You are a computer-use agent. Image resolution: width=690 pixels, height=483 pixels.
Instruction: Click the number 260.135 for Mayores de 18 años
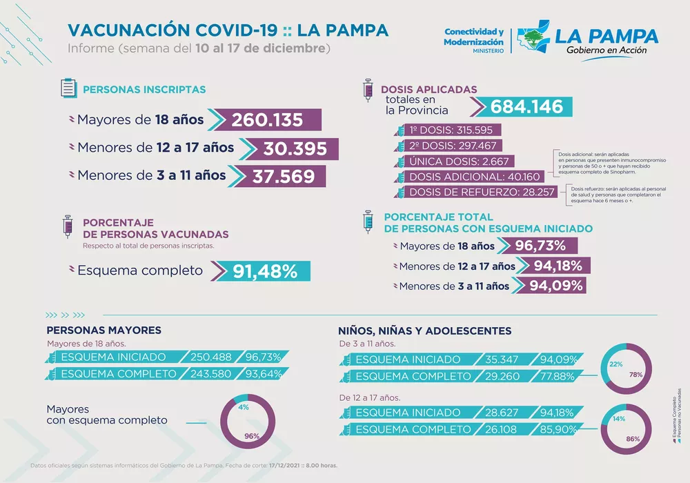click(267, 119)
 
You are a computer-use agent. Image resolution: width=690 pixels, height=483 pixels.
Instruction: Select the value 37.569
click(279, 176)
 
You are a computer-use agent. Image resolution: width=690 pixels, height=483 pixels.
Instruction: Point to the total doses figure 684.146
click(526, 107)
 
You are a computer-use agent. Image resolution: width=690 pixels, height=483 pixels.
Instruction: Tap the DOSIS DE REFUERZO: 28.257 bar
click(482, 192)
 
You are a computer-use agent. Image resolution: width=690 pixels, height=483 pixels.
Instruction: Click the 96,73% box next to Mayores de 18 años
click(541, 246)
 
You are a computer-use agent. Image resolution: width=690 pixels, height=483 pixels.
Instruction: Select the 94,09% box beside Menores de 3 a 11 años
click(555, 286)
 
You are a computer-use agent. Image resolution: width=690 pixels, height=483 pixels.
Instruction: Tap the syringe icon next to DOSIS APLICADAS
click(368, 92)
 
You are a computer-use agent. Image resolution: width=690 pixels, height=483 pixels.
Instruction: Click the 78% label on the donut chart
click(635, 375)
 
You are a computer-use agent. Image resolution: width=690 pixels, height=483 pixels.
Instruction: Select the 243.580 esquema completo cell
click(206, 374)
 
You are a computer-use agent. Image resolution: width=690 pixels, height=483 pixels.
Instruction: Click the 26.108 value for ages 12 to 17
click(503, 429)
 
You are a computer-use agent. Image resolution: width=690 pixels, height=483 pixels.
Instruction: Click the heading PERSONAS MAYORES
click(103, 331)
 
